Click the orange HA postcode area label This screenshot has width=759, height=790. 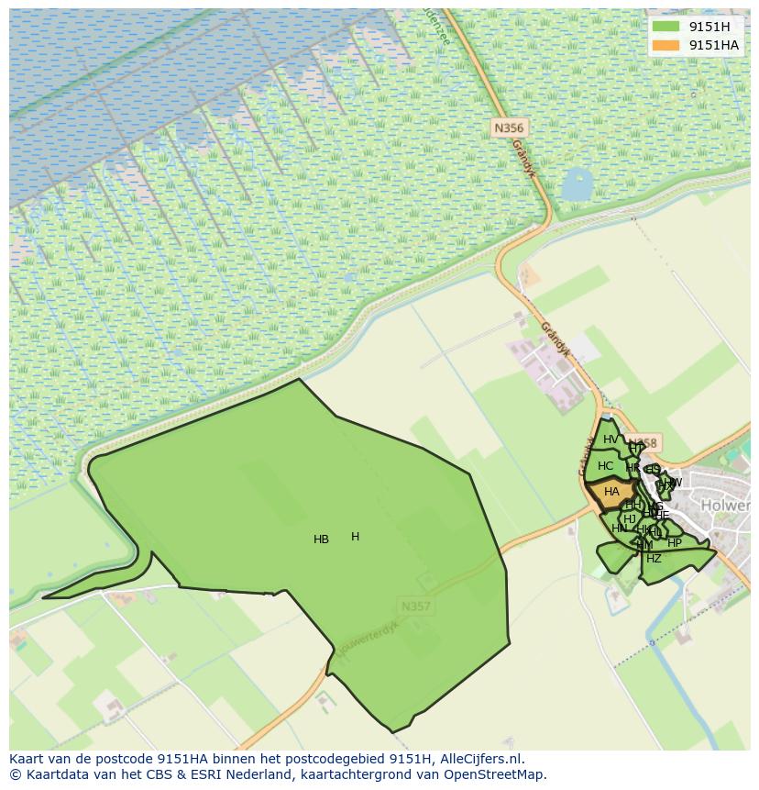click(x=611, y=493)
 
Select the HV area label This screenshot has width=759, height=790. click(x=610, y=440)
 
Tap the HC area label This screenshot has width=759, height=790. click(x=605, y=466)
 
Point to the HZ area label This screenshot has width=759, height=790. click(x=654, y=559)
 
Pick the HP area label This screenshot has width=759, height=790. click(x=675, y=543)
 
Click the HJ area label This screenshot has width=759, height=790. click(x=630, y=519)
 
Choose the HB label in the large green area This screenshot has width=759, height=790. click(x=321, y=540)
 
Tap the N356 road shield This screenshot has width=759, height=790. click(x=508, y=128)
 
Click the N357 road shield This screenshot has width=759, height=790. click(x=415, y=606)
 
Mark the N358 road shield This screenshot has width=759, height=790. click(x=645, y=443)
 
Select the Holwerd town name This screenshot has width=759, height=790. click(x=725, y=506)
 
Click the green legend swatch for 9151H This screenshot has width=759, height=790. click(x=666, y=27)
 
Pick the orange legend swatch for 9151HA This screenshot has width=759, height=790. click(x=666, y=45)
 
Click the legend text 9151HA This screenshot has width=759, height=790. click(x=714, y=45)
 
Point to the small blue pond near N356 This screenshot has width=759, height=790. click(x=577, y=184)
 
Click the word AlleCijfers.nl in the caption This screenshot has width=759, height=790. click(x=481, y=759)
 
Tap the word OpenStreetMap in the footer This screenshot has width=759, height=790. click(x=499, y=774)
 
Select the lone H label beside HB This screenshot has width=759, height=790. click(x=355, y=537)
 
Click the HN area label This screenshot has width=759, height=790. click(x=620, y=529)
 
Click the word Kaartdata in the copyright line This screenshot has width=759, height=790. click(x=51, y=774)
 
